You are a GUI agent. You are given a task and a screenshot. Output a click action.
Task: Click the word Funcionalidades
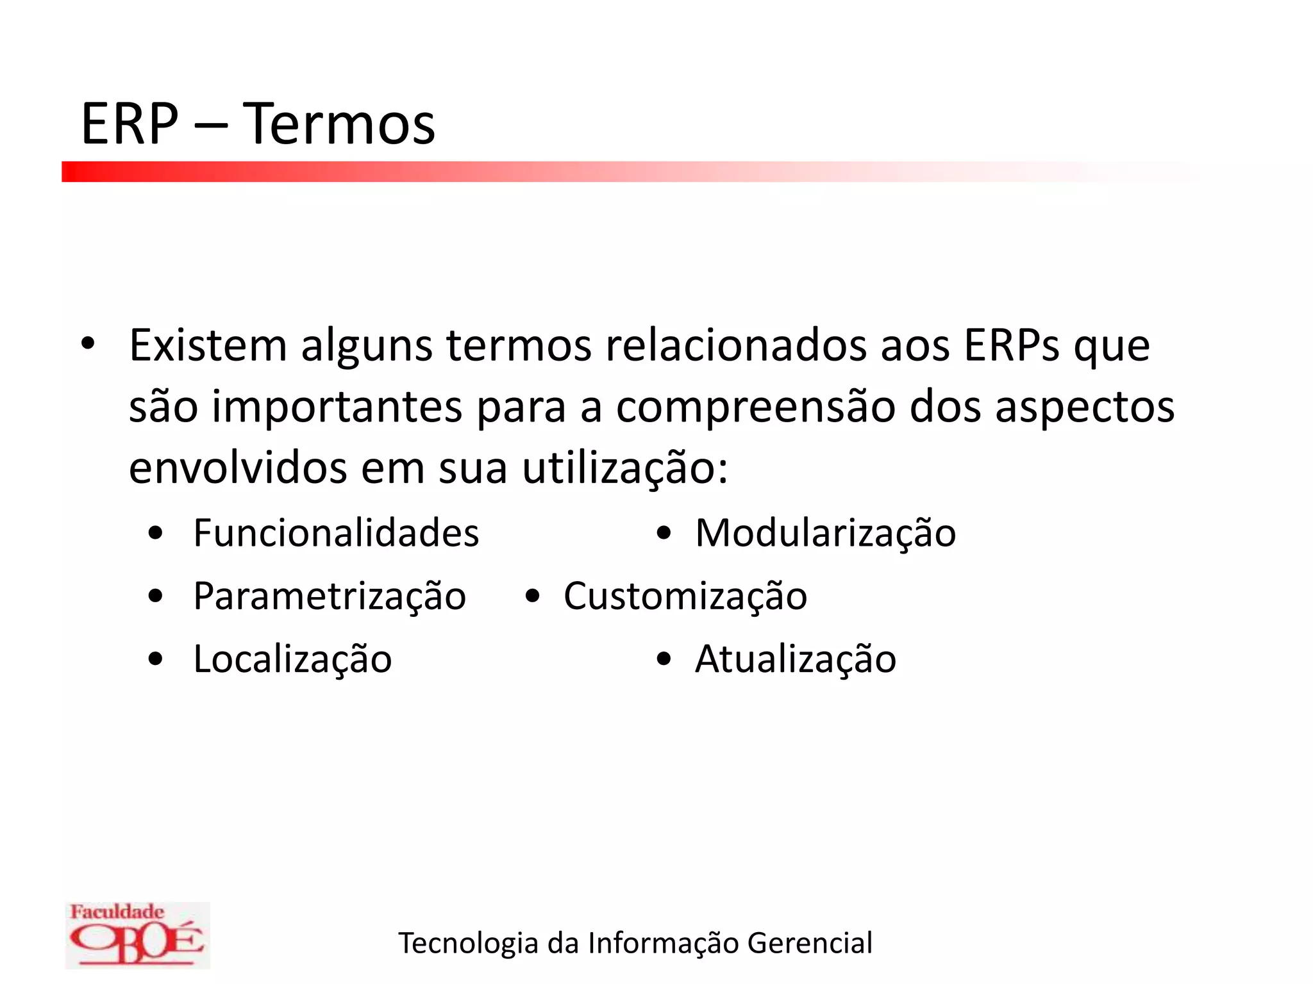(336, 532)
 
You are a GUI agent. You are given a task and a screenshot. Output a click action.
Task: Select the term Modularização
(825, 532)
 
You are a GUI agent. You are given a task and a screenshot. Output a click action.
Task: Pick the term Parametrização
(330, 596)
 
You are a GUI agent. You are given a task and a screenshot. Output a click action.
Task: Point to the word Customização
(685, 596)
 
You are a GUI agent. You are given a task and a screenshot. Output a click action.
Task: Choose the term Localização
(292, 659)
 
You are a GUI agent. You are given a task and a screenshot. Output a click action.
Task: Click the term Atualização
(795, 659)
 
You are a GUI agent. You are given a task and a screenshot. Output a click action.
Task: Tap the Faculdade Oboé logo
(137, 935)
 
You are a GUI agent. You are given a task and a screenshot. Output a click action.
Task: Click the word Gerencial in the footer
(810, 943)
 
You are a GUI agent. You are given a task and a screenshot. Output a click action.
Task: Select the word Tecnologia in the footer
(469, 943)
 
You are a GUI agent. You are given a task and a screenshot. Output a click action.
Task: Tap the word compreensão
(755, 407)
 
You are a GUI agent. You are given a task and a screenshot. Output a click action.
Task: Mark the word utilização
(625, 468)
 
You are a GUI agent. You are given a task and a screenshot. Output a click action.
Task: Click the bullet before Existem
(88, 343)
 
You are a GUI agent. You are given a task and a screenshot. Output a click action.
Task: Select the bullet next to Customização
(532, 596)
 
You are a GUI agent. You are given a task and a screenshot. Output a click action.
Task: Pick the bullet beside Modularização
(664, 533)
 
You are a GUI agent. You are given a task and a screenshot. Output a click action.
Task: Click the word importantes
(337, 407)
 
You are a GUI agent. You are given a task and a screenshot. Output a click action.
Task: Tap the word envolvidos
(238, 468)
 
